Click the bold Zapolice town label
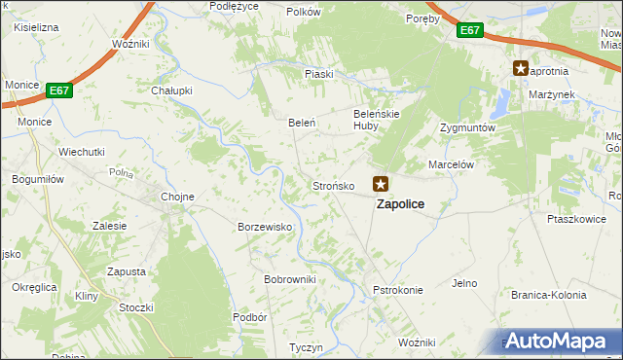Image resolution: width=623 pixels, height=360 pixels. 400,204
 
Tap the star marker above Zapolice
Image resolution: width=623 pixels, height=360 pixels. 382,183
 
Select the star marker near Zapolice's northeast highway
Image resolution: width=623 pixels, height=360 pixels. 522,68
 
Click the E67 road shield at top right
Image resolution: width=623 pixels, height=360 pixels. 470,31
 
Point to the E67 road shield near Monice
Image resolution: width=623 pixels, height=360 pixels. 59,90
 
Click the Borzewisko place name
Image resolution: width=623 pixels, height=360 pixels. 266,227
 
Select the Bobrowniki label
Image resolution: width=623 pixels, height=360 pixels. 290,279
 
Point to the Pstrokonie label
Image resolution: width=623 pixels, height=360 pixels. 398,290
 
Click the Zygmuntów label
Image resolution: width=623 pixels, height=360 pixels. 468,127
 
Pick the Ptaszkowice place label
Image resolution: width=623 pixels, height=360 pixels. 576,219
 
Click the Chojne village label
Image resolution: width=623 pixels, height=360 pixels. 177,197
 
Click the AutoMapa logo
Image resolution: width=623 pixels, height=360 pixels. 557,341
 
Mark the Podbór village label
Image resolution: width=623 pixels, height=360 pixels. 250,317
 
